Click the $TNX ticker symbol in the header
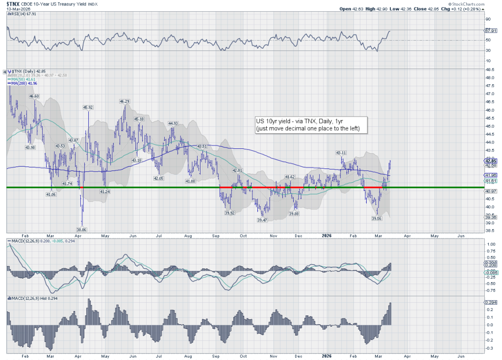coord(13,3)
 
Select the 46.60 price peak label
coord(34,96)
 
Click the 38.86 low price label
coord(81,229)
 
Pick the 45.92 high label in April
coord(88,107)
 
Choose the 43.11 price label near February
coord(341,153)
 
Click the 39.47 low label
coord(262,220)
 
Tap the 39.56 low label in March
coord(377,219)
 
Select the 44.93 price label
coord(173,123)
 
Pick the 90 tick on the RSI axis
coord(487,19)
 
